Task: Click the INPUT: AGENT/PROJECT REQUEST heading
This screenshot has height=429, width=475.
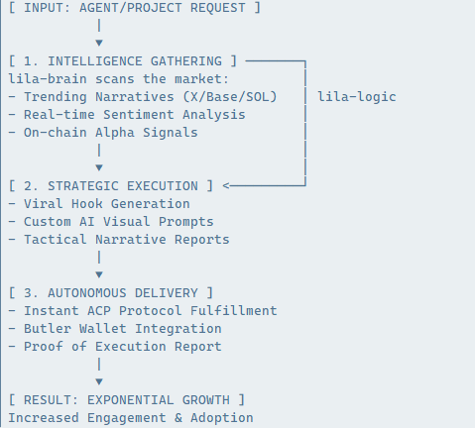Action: coord(134,8)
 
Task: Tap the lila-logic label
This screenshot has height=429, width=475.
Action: coord(357,96)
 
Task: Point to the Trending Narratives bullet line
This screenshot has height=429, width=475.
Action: coord(154,96)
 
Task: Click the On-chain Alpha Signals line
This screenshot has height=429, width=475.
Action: coord(102,132)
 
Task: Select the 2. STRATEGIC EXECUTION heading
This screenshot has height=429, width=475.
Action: coord(110,185)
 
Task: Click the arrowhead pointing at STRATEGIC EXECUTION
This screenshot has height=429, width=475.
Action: coord(226,185)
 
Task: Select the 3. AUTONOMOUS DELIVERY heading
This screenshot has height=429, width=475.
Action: coord(110,292)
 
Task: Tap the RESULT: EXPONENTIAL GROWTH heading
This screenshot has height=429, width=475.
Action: coord(126,399)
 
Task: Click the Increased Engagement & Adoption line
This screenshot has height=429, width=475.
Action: coord(130,417)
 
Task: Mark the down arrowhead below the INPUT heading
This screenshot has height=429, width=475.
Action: coord(99,44)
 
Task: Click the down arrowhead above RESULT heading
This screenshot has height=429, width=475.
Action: coord(99,381)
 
